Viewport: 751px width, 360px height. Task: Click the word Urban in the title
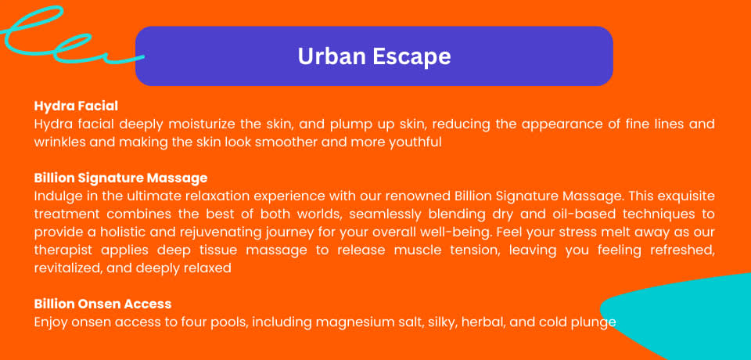(332, 56)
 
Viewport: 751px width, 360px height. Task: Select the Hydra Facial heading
(76, 106)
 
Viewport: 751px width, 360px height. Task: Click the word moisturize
(203, 124)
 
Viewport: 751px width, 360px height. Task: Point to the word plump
(347, 125)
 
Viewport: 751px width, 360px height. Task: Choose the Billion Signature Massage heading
(120, 178)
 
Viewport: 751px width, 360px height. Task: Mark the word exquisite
(687, 196)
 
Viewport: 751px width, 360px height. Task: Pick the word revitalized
(67, 268)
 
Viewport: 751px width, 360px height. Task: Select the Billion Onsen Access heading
(102, 304)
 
